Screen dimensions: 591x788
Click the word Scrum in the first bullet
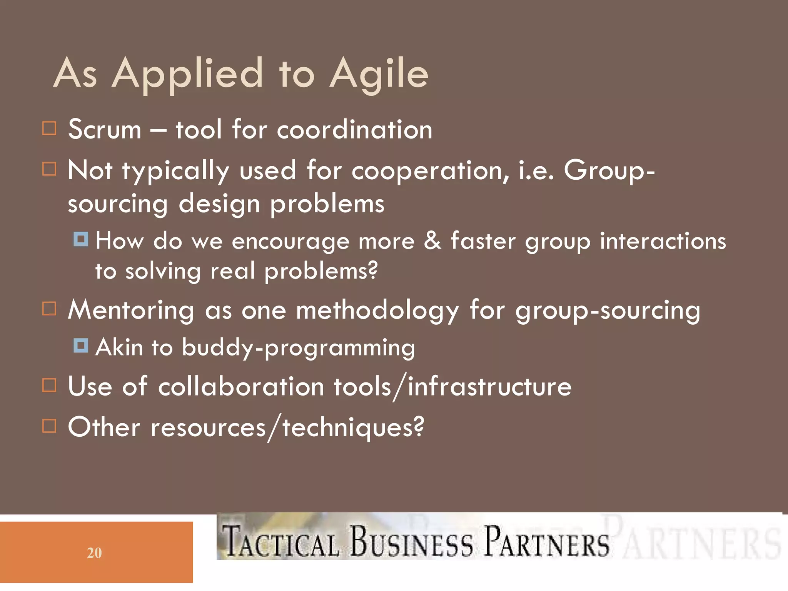[105, 129]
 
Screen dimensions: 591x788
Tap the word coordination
[354, 129]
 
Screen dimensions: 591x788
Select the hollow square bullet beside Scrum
[49, 129]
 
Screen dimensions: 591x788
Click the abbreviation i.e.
[536, 170]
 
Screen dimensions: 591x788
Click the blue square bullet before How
[81, 239]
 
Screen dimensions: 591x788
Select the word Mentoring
[131, 310]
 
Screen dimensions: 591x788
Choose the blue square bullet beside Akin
[81, 345]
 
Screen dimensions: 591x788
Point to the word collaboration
[241, 387]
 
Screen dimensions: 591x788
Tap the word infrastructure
[489, 387]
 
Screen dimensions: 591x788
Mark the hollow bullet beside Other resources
[49, 426]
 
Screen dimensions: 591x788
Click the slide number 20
[94, 553]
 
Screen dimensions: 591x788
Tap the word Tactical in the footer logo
[281, 542]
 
